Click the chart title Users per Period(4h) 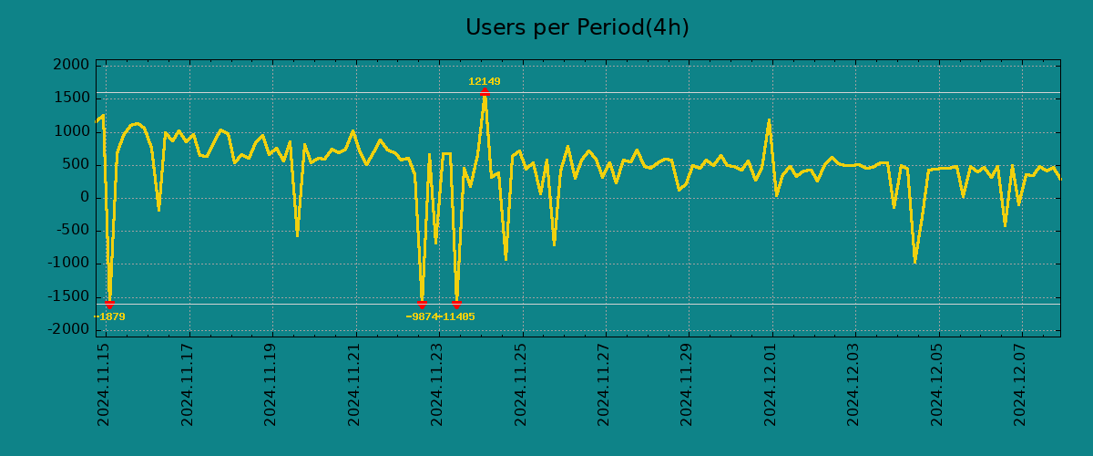point(577,28)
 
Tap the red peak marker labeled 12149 point(485,92)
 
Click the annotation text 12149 point(485,82)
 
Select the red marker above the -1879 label point(109,304)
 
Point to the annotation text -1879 point(110,317)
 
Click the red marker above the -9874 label point(422,304)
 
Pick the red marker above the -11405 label point(456,304)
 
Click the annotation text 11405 point(458,317)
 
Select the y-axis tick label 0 point(85,198)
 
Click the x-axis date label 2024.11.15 point(105,384)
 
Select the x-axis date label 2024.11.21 point(355,384)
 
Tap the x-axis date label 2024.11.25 point(522,384)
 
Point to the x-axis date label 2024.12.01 point(771,384)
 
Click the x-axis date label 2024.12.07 point(1021,384)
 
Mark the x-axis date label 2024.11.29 point(689,384)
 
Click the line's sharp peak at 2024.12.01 point(769,120)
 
